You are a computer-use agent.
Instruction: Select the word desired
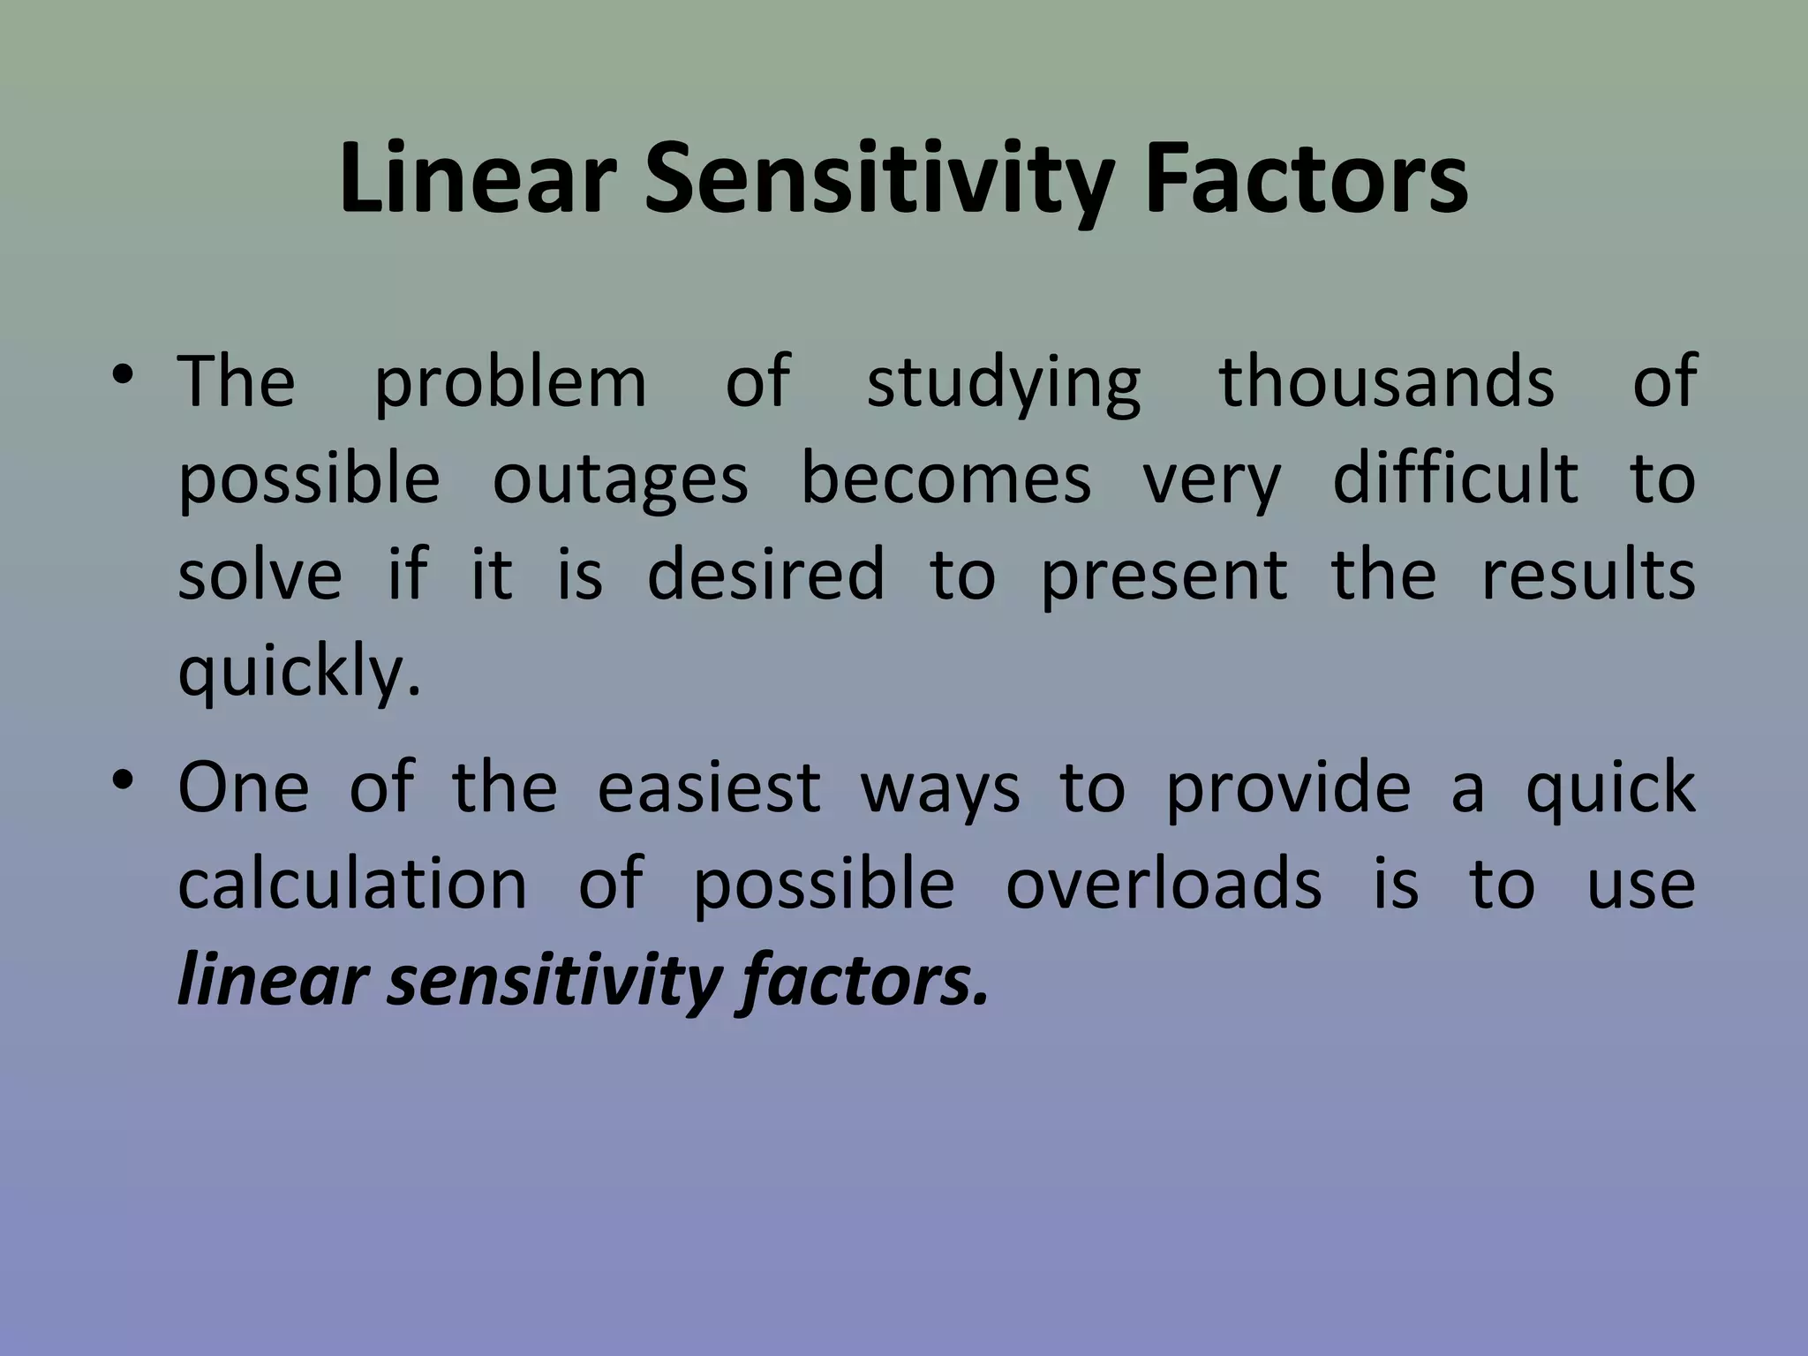pos(765,574)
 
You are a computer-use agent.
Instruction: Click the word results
pos(1587,574)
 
